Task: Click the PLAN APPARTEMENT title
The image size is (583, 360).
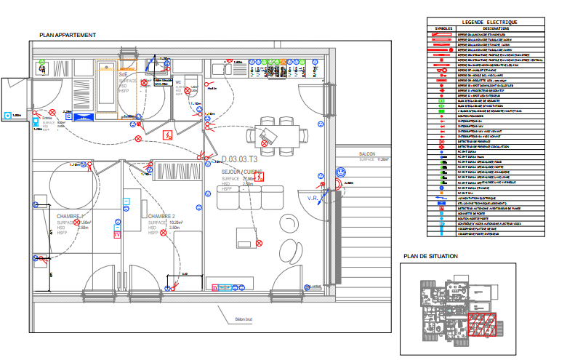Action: tap(68, 35)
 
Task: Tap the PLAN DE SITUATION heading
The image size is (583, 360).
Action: tap(431, 256)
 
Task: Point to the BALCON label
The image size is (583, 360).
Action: tap(367, 154)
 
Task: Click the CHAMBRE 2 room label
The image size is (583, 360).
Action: tap(162, 217)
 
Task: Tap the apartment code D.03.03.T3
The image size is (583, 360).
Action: tap(241, 159)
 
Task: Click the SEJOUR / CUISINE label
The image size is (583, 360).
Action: tap(242, 171)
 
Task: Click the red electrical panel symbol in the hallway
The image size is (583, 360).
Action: tap(169, 134)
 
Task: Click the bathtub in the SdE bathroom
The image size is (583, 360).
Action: tap(107, 91)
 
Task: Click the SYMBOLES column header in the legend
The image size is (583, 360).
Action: tap(443, 28)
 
